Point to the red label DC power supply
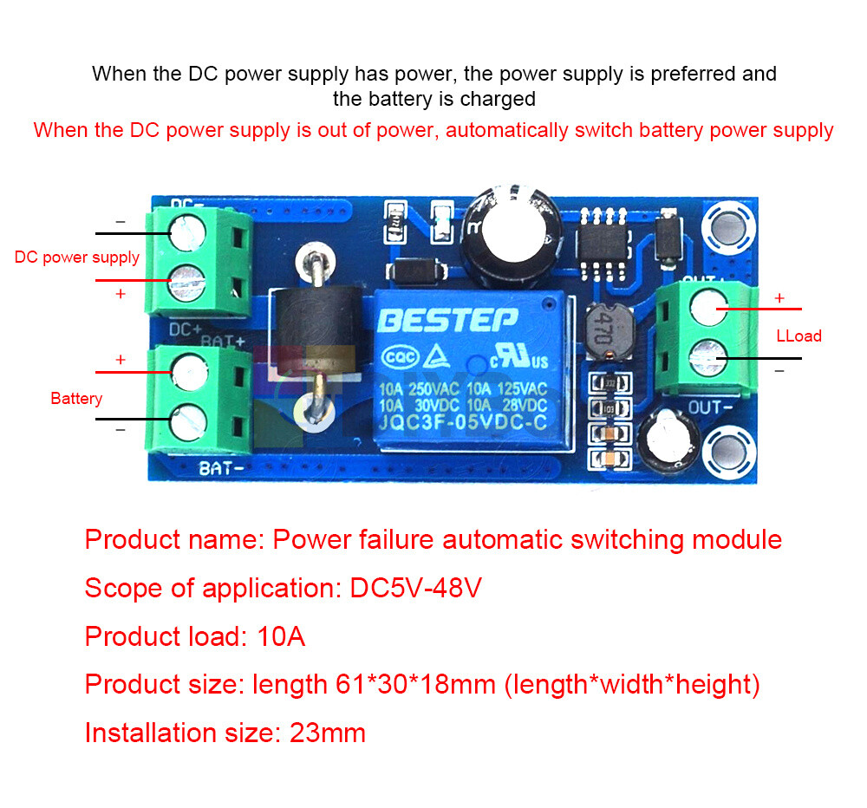(x=77, y=257)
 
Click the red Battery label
(x=76, y=399)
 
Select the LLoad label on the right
(x=799, y=336)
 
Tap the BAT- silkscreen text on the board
(x=222, y=469)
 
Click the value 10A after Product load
(x=282, y=637)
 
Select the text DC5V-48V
(x=415, y=589)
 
